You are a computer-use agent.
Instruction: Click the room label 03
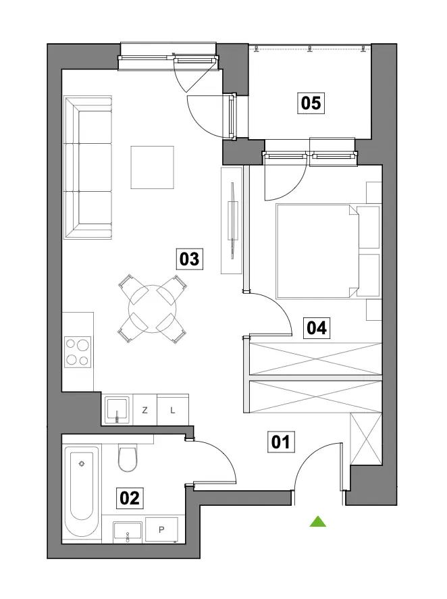click(x=189, y=259)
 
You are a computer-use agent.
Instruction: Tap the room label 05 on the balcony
click(x=311, y=103)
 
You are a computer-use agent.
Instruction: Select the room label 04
click(x=317, y=328)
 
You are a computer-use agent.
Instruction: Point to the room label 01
click(x=281, y=442)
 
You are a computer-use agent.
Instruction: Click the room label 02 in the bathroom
click(x=130, y=498)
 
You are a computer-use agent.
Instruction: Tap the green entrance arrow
click(x=318, y=521)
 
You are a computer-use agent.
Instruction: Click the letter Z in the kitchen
click(x=144, y=411)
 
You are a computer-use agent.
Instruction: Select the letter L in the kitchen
click(x=173, y=411)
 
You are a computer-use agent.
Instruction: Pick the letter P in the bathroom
click(x=161, y=529)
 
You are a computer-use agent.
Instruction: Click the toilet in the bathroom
click(x=128, y=458)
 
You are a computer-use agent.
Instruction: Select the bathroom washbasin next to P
click(x=127, y=531)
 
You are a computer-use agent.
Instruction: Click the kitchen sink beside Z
click(x=117, y=410)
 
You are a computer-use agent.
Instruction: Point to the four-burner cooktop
click(x=78, y=352)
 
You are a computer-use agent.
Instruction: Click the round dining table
click(x=153, y=309)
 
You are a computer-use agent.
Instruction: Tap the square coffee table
click(x=153, y=167)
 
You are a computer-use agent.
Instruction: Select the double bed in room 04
click(x=327, y=251)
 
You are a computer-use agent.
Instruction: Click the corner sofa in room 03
click(x=88, y=167)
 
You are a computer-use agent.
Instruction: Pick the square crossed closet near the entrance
click(x=366, y=439)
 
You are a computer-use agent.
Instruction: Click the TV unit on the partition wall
click(x=232, y=220)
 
